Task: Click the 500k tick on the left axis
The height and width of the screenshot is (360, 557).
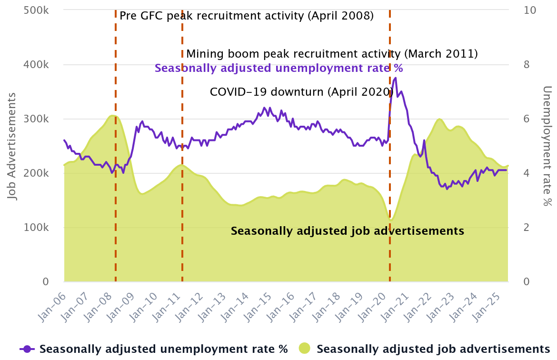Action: (x=37, y=10)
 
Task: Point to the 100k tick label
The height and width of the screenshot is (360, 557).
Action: (x=37, y=228)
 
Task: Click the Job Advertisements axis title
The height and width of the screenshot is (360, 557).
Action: (x=11, y=146)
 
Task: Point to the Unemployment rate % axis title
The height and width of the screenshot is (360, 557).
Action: (x=547, y=146)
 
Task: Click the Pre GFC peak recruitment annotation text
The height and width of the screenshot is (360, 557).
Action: (x=246, y=16)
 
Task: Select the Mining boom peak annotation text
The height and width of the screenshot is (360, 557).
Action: (x=332, y=54)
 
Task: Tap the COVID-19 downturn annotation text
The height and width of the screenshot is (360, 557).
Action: (x=301, y=92)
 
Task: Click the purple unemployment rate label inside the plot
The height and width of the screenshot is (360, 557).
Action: (x=279, y=68)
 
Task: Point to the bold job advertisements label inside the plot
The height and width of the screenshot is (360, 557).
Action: (x=347, y=231)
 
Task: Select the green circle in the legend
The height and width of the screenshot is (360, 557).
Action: (x=305, y=349)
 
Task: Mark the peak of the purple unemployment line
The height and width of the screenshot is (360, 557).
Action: (x=395, y=78)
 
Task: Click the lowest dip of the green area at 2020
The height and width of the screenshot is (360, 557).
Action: (x=391, y=220)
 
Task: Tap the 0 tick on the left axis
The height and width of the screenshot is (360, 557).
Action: (x=46, y=282)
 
